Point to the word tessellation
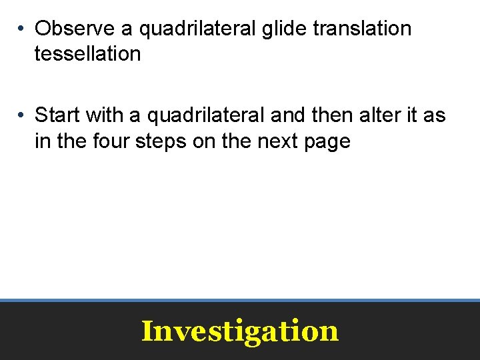tap(87, 53)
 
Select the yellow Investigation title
tap(240, 331)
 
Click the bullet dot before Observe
tap(22, 29)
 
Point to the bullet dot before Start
tap(22, 116)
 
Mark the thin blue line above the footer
tap(240, 300)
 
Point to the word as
tap(435, 116)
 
